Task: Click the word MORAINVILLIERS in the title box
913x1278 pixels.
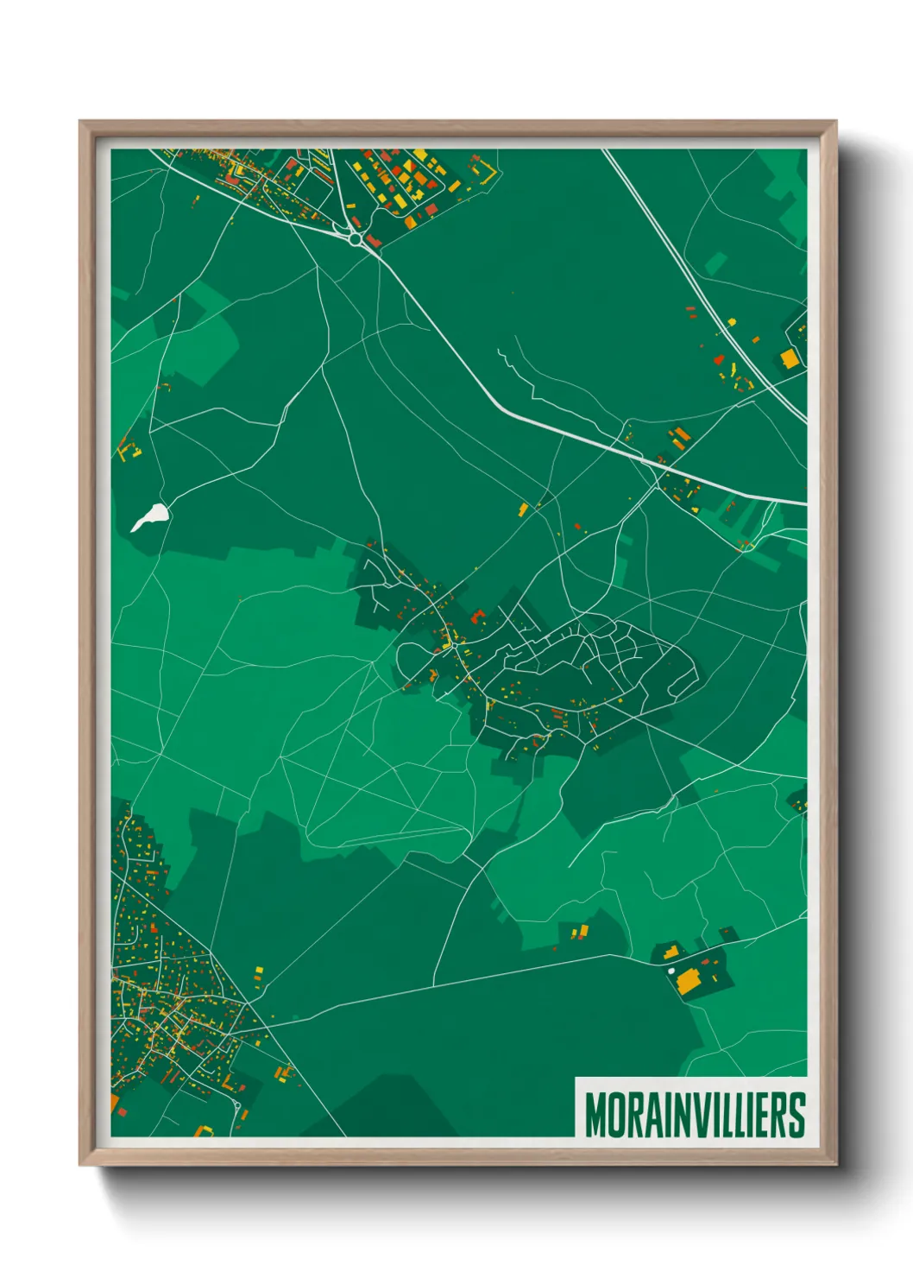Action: coord(695,1115)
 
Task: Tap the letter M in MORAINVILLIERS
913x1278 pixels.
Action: coord(595,1115)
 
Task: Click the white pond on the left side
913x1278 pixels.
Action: coord(150,516)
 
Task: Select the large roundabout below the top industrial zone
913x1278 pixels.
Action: coord(356,237)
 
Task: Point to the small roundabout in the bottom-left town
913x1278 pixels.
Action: coord(236,1104)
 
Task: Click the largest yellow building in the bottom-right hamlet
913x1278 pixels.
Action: coord(689,981)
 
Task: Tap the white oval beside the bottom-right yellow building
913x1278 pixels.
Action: coord(671,971)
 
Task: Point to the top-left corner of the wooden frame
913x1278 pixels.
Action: coord(80,122)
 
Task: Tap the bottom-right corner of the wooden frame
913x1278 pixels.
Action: coord(835,1164)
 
